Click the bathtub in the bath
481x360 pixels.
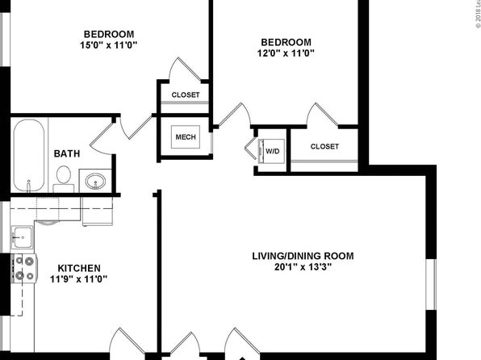(29, 155)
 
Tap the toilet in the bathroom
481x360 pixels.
(64, 179)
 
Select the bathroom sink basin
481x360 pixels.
(95, 182)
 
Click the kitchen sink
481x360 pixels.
(22, 237)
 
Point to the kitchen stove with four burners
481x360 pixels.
(24, 268)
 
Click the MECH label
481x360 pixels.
(186, 137)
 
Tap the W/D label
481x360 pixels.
(273, 151)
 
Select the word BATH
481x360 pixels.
(67, 153)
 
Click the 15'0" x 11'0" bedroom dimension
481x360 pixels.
(109, 45)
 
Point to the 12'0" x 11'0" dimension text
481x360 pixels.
(286, 53)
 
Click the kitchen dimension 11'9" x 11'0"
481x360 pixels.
(79, 279)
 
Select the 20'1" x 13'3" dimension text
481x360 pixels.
(303, 267)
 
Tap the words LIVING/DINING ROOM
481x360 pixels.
(303, 256)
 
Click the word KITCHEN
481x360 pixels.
(79, 268)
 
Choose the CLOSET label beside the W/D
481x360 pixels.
(324, 146)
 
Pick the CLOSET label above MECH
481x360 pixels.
(186, 94)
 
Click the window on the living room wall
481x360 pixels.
(432, 284)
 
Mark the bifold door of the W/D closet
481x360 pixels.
(251, 148)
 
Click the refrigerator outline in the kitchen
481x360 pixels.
(98, 211)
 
